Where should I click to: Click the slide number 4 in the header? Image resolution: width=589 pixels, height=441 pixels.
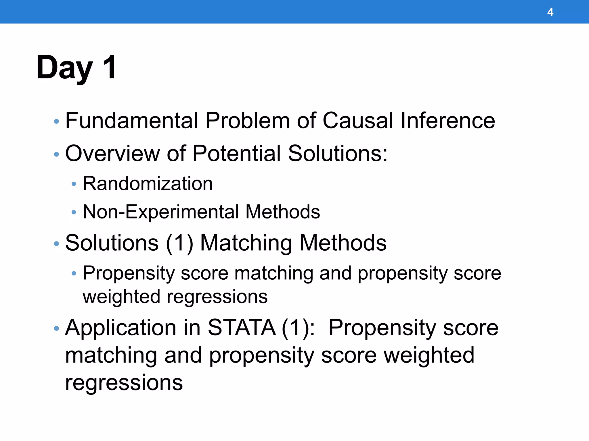point(550,12)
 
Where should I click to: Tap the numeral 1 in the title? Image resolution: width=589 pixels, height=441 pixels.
point(110,67)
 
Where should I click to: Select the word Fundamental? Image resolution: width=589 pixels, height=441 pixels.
point(132,120)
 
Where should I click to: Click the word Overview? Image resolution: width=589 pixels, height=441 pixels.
point(112,154)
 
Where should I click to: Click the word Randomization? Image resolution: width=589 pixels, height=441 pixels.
point(148,184)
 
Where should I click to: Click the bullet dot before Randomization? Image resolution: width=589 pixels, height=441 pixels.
point(74,184)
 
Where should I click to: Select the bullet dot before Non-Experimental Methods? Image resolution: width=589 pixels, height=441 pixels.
point(74,212)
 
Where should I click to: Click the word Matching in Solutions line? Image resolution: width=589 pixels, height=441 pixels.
point(246,243)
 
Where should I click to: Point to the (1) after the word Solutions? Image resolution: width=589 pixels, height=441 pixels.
point(179,243)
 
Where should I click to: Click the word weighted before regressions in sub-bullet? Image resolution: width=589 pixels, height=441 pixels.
point(121,297)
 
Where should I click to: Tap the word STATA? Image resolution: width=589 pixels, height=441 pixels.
point(241,328)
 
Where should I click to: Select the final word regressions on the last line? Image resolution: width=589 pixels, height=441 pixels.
point(124,383)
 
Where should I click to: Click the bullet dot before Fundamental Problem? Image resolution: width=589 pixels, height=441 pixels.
point(56,121)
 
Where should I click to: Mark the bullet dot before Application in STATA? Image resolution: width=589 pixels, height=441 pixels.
point(56,328)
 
